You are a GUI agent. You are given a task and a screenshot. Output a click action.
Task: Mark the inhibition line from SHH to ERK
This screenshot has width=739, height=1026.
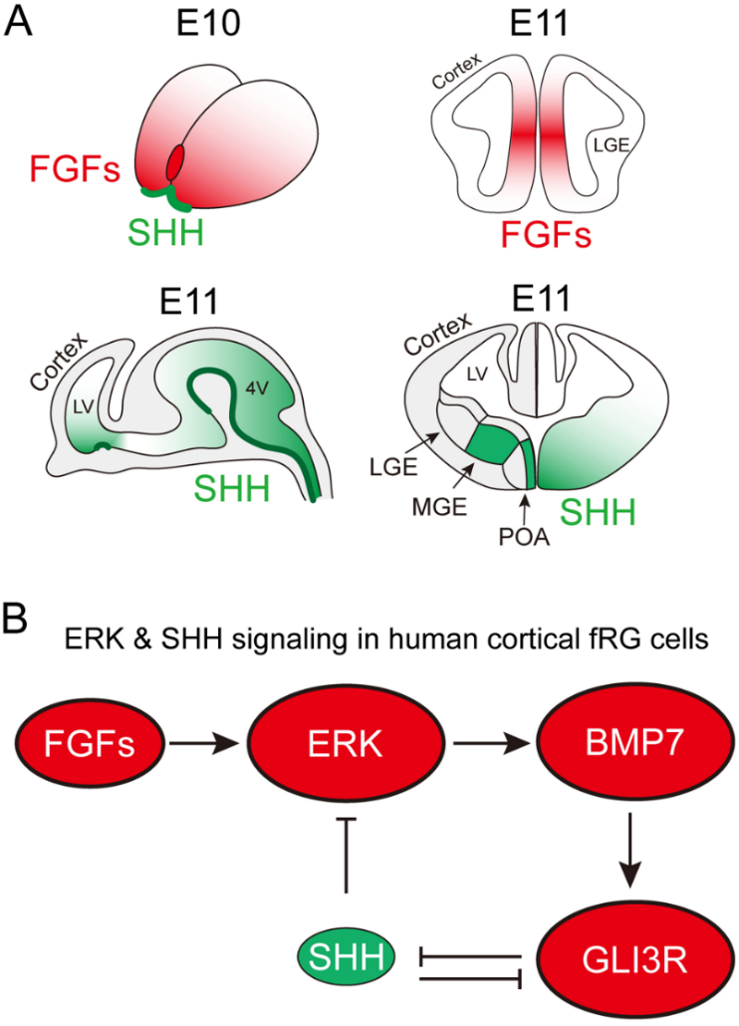pyautogui.click(x=345, y=857)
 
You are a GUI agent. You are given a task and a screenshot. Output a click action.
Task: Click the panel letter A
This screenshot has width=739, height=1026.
pyautogui.click(x=22, y=22)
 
